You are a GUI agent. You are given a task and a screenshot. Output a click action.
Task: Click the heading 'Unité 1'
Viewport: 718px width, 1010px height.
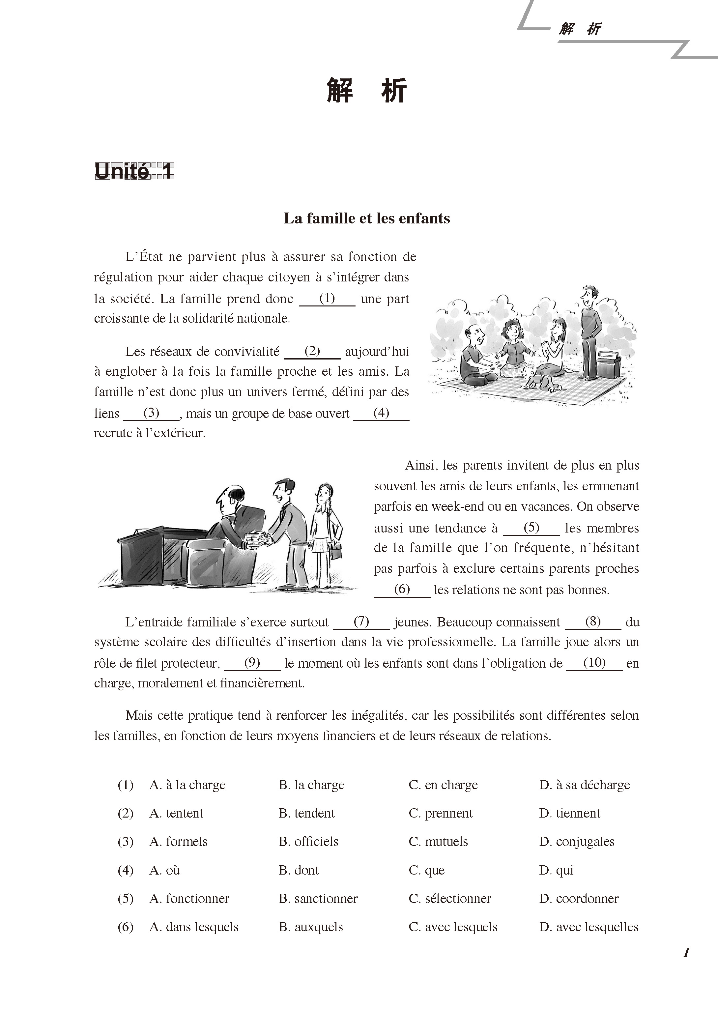pos(134,171)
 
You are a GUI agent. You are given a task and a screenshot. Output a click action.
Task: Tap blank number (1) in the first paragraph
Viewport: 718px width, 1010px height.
pos(327,299)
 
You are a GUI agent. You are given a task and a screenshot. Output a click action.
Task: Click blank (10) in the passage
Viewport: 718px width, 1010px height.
pos(594,663)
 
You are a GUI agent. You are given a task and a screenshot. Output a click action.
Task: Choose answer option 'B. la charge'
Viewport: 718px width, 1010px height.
pos(311,785)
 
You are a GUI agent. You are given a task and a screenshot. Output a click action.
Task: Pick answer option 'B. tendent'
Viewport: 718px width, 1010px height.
pos(306,813)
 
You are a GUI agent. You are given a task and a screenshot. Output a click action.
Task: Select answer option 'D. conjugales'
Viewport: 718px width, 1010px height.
pos(577,842)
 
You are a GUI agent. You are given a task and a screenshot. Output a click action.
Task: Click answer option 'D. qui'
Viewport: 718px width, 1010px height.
pos(556,870)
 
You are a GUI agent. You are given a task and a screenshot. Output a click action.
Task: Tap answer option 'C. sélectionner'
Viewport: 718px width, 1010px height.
pos(450,899)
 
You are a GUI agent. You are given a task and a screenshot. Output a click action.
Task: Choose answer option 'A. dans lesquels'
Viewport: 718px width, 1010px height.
pos(194,927)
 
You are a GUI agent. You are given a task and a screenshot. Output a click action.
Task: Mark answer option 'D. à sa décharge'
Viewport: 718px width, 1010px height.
pos(585,785)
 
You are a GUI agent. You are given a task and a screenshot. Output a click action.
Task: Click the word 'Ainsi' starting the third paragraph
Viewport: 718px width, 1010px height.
pos(420,465)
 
